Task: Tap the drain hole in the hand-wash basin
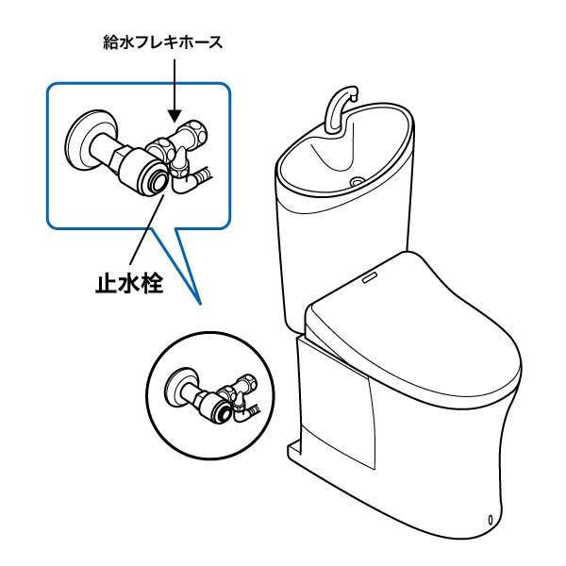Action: (358, 180)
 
